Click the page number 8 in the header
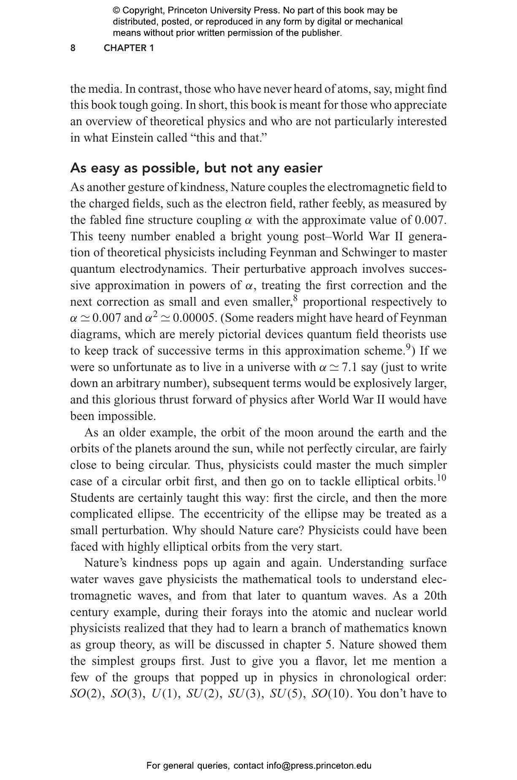(x=73, y=48)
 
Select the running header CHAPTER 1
(x=129, y=48)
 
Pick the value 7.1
(x=349, y=367)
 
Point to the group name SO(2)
(x=87, y=694)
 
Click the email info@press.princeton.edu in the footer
(x=319, y=766)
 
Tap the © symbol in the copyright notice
(x=116, y=11)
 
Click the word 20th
(x=435, y=596)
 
